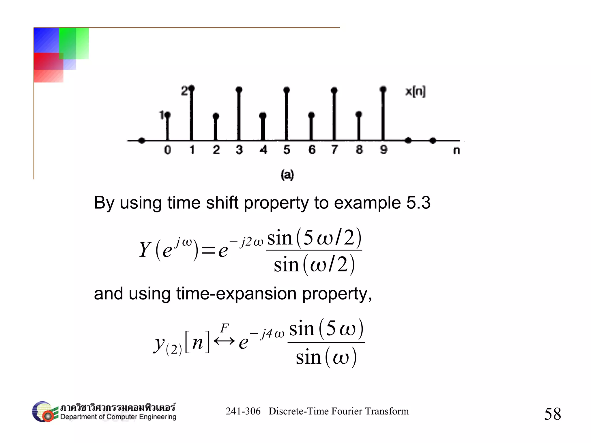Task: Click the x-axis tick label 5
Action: [x=287, y=149]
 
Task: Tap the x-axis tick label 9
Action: [x=384, y=149]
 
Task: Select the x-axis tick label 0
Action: [x=167, y=150]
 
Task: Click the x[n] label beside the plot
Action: [x=415, y=91]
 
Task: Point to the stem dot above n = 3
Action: [x=239, y=89]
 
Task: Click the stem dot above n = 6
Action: [x=311, y=115]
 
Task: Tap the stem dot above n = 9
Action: [x=383, y=89]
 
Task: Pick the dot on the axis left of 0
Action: [x=142, y=141]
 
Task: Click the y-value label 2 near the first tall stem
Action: [x=184, y=91]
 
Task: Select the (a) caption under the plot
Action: [x=287, y=175]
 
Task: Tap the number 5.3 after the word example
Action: [x=418, y=203]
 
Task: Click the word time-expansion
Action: [x=236, y=294]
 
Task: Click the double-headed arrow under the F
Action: [x=224, y=341]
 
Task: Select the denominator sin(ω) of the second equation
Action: [x=326, y=358]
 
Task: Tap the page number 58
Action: [x=552, y=414]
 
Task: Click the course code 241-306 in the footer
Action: [x=243, y=411]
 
